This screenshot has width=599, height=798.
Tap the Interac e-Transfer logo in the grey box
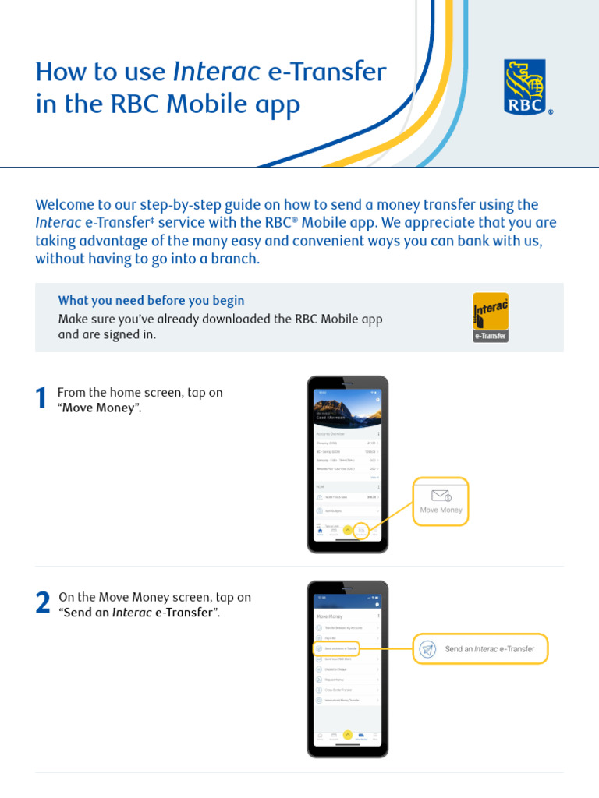[491, 316]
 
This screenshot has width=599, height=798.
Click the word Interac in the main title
[216, 72]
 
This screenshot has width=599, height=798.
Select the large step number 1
[42, 399]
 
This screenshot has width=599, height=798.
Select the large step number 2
[42, 603]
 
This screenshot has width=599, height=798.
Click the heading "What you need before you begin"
[151, 300]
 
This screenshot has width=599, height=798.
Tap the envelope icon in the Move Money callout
[441, 496]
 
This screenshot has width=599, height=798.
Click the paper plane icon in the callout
[427, 649]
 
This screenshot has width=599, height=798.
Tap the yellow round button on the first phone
[348, 529]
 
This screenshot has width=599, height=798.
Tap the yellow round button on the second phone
[348, 734]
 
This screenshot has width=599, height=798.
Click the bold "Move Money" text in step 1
[99, 408]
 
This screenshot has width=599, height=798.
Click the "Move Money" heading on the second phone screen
[330, 616]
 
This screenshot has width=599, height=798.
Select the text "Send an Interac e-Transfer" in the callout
[490, 649]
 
